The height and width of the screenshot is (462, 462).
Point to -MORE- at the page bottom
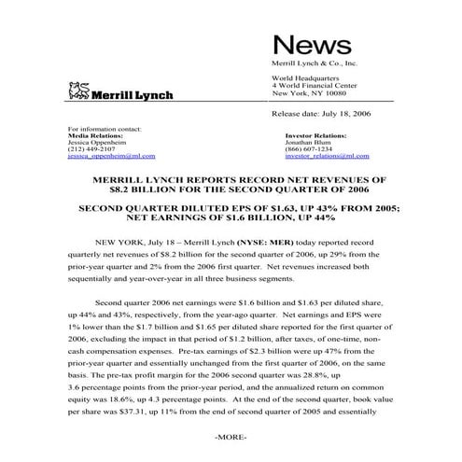click(230, 437)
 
